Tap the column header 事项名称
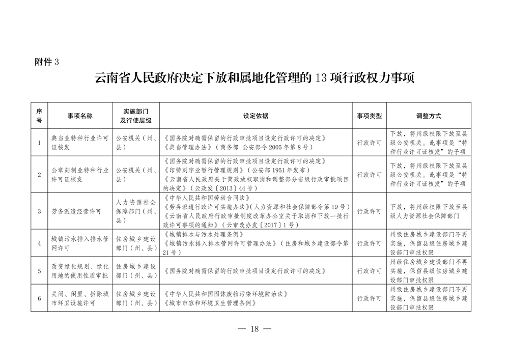click(x=80, y=116)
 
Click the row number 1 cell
click(x=39, y=143)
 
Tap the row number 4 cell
click(x=39, y=243)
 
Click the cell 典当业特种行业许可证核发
click(x=80, y=143)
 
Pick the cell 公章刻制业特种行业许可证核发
click(x=80, y=175)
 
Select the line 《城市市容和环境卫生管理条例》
click(x=209, y=303)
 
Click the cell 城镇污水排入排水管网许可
click(x=80, y=243)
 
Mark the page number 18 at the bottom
click(x=255, y=329)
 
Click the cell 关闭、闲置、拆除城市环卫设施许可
click(x=80, y=298)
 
